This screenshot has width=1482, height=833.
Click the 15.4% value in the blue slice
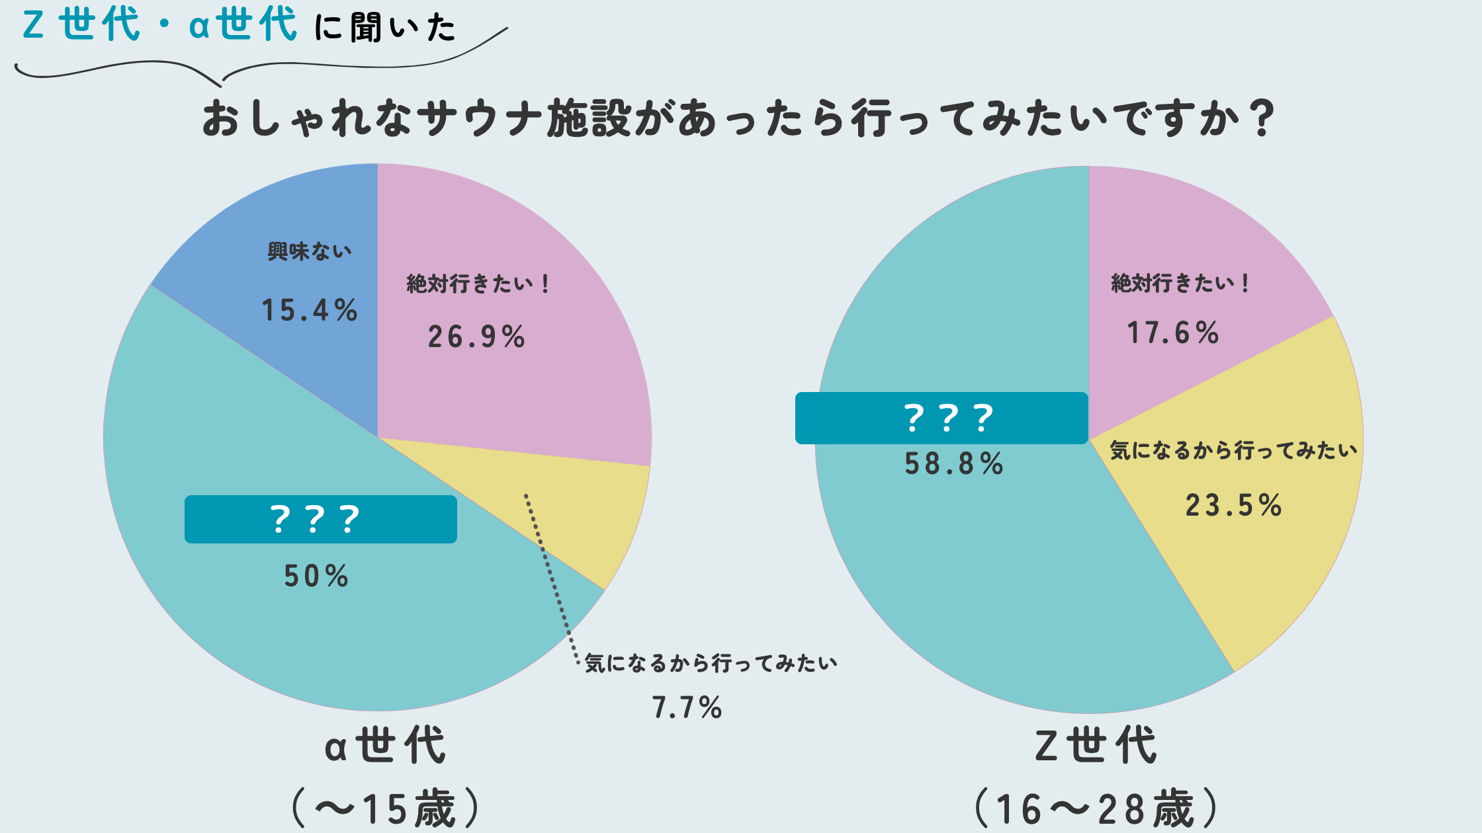click(x=310, y=310)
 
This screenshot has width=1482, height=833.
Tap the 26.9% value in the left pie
click(x=476, y=337)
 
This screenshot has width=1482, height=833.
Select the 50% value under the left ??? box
click(x=316, y=576)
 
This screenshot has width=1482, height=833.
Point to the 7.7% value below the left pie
click(x=687, y=707)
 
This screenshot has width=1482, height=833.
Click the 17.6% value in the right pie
click(x=1173, y=333)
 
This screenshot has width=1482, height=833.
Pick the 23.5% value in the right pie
click(x=1234, y=506)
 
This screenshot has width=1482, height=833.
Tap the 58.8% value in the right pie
click(x=954, y=463)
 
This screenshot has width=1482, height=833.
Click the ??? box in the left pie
click(x=320, y=519)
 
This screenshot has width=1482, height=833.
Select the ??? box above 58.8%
click(x=941, y=418)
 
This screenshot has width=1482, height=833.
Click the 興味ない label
click(x=310, y=251)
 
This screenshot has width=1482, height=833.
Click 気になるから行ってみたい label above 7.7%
click(x=711, y=663)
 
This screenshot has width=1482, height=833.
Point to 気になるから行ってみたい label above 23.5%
click(x=1234, y=451)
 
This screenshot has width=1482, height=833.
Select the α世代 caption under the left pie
click(x=386, y=746)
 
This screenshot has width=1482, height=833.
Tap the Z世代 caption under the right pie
click(x=1096, y=746)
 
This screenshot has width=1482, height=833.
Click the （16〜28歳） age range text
click(x=1096, y=809)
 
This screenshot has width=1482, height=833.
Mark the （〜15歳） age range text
click(x=386, y=809)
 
